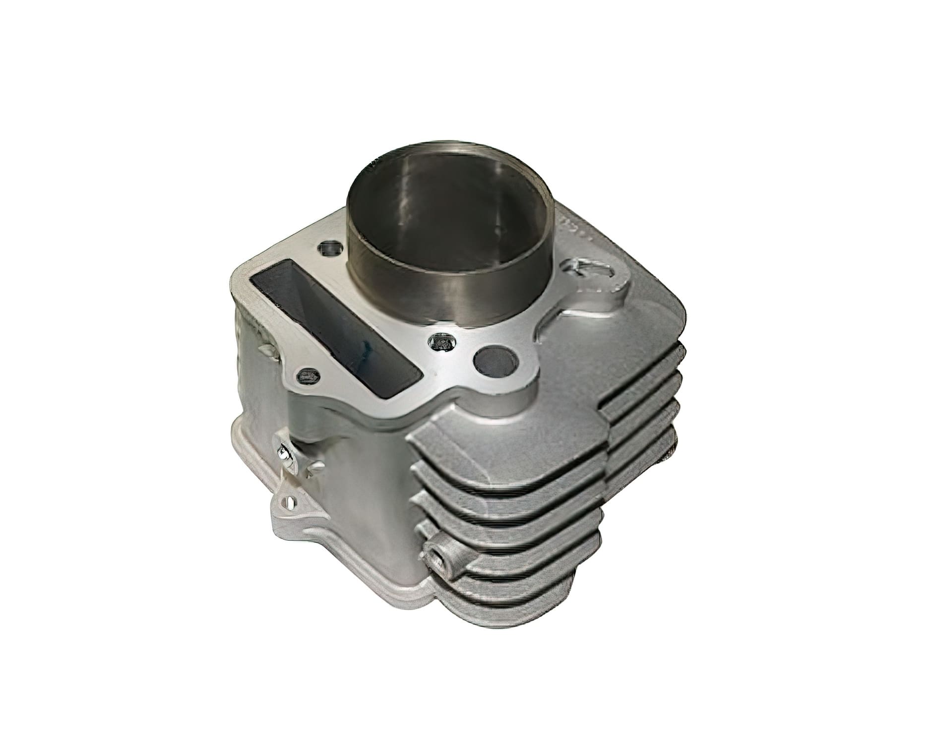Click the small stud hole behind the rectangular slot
click(x=328, y=247)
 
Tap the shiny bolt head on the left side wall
click(x=284, y=452)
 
